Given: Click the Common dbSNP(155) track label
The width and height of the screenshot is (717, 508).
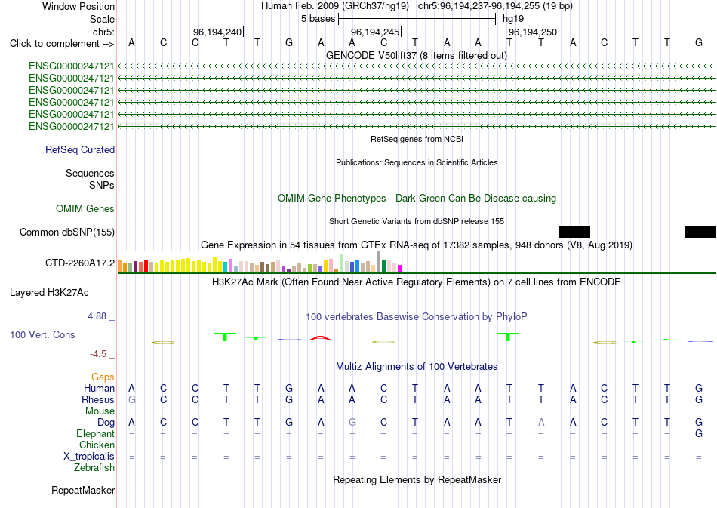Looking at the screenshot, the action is (67, 232).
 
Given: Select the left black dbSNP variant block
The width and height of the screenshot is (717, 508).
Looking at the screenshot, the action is (574, 232).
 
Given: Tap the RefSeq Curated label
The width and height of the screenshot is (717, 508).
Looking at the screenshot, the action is (80, 150).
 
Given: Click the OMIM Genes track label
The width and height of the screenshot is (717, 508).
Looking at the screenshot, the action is (85, 208).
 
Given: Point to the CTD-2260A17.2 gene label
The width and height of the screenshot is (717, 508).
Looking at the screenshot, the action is (80, 263).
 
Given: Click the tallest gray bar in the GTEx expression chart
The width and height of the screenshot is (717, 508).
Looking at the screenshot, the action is (378, 261).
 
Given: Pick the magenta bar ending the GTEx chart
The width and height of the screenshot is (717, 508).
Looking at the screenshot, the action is (400, 269).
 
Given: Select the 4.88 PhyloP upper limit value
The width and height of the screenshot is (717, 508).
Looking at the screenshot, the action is (97, 316).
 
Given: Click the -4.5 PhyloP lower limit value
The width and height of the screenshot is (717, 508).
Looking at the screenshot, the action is (98, 354).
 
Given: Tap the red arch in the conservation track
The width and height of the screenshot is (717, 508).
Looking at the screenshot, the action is (321, 337).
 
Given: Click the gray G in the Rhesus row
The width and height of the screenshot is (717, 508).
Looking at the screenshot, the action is (131, 399).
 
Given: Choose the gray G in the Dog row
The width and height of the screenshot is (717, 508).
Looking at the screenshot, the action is (352, 423).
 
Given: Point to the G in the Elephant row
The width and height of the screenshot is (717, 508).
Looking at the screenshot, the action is (699, 433).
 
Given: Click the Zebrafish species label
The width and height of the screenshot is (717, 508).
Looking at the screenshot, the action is (94, 468).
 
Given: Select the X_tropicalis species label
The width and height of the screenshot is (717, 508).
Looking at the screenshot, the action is (89, 457).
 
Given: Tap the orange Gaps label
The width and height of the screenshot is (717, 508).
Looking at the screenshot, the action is (103, 377).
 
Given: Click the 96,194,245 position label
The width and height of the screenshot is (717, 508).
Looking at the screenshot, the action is (375, 32).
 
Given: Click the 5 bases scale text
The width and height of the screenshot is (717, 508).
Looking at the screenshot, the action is (318, 19).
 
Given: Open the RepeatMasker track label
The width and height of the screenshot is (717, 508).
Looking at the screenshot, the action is (83, 490).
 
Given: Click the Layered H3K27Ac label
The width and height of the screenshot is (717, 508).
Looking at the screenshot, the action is (49, 293).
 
